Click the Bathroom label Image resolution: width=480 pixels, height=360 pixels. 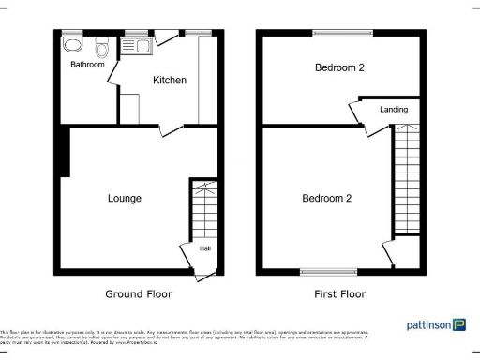click(x=86, y=66)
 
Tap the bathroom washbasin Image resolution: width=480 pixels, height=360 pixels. click(x=72, y=44)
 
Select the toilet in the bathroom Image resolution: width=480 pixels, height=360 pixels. click(x=101, y=43)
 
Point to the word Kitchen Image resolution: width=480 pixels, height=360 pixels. click(x=170, y=81)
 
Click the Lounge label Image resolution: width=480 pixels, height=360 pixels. click(x=125, y=199)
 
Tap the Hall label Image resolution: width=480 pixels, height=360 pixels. click(x=205, y=248)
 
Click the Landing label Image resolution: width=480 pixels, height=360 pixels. click(x=394, y=110)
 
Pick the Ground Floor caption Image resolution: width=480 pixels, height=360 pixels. click(x=140, y=294)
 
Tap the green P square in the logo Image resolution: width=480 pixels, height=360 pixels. click(x=459, y=324)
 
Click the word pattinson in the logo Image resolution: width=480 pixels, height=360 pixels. click(x=427, y=325)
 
